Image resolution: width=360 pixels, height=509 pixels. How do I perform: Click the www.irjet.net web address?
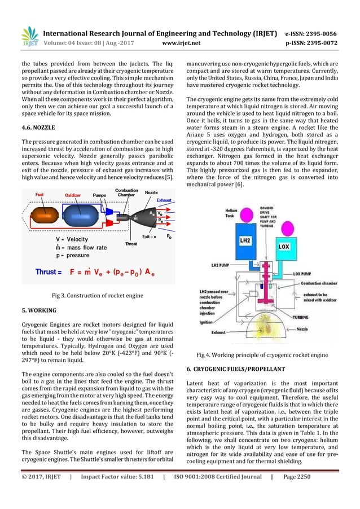[x=179, y=41]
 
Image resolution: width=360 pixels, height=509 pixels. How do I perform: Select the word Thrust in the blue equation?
[x=49, y=271]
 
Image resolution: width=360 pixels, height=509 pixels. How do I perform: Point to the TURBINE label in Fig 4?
[x=314, y=317]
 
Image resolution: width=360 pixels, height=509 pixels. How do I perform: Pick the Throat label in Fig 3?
[x=131, y=244]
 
